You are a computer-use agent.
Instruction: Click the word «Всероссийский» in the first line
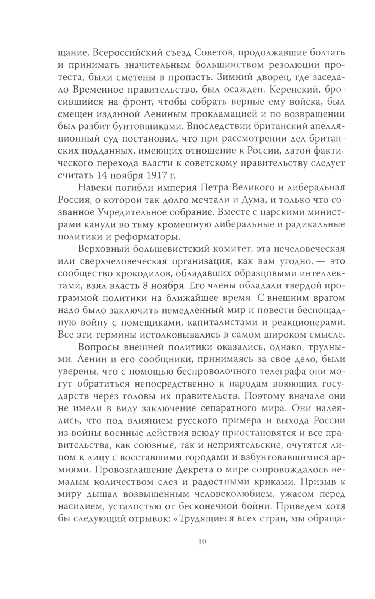[x=126, y=52]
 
